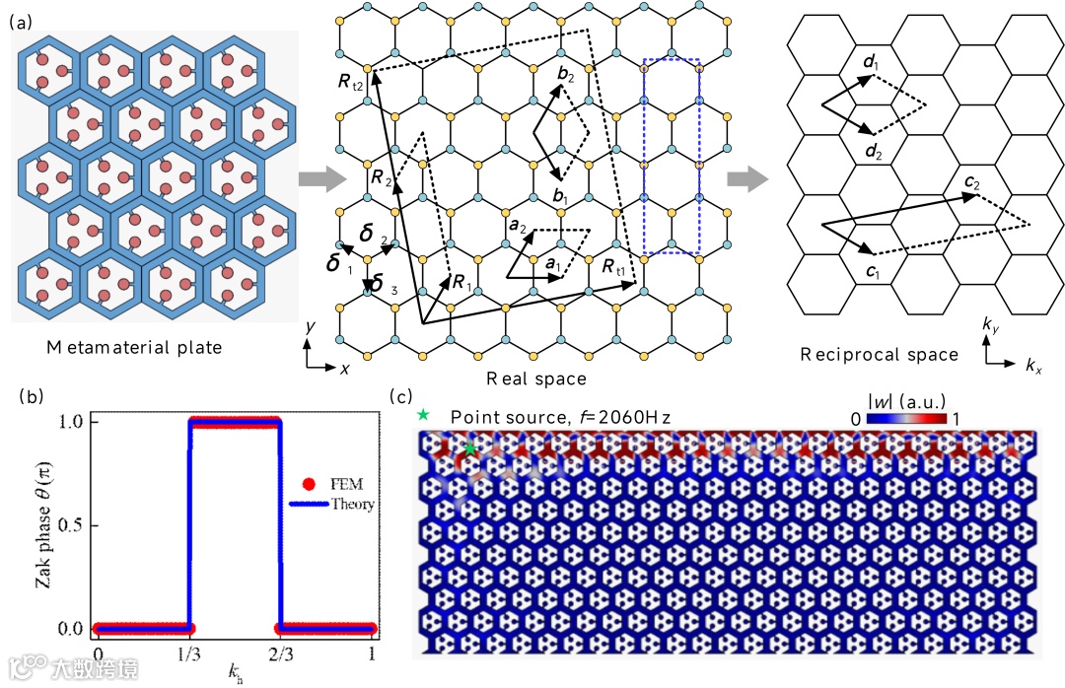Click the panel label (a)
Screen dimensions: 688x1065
pyautogui.click(x=19, y=21)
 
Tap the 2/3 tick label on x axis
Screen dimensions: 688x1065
pyautogui.click(x=280, y=654)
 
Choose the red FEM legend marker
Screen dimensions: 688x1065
pyautogui.click(x=308, y=484)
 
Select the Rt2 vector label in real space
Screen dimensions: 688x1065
pyautogui.click(x=353, y=84)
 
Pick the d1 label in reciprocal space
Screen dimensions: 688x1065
pyautogui.click(x=870, y=64)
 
